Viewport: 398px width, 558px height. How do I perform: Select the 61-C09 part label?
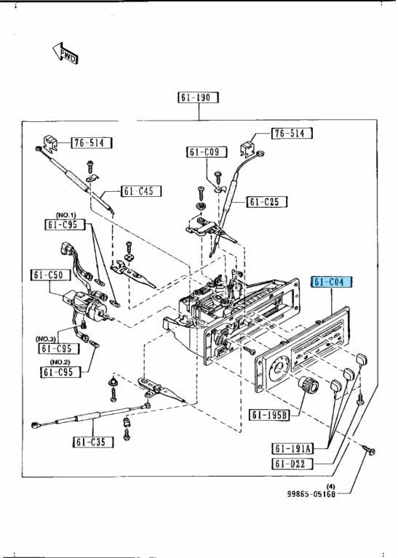click(207, 152)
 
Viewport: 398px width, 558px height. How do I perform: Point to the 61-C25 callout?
click(267, 201)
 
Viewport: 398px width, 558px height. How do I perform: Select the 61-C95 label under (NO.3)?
click(60, 348)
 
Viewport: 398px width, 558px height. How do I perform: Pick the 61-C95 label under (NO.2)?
click(61, 372)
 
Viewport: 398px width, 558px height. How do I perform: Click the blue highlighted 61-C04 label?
click(331, 282)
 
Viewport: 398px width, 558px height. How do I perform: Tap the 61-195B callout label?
click(270, 415)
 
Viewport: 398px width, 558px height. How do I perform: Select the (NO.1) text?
click(66, 215)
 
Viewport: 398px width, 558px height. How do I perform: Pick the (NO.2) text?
click(62, 362)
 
